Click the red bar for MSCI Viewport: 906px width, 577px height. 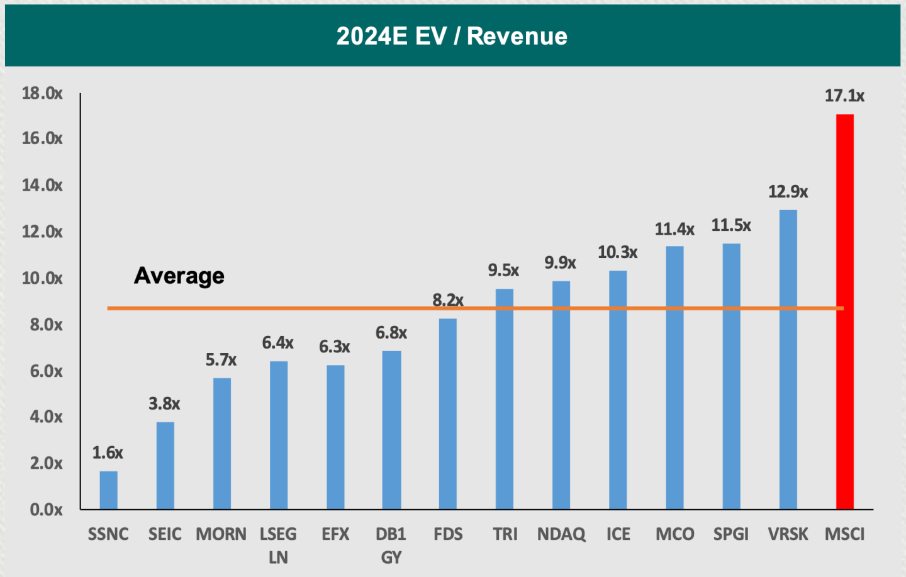(844, 311)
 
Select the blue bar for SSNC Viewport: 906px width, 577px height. (108, 490)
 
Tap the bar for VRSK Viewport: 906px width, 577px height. (788, 359)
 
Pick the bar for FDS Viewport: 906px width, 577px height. (448, 413)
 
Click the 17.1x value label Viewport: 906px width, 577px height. (844, 96)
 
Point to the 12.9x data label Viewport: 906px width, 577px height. (788, 192)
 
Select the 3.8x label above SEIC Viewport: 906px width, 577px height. (164, 404)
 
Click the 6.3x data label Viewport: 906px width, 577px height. (335, 347)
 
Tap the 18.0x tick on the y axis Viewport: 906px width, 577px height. (42, 94)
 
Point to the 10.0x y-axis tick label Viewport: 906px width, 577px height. (42, 278)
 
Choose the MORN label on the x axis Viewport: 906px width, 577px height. (221, 534)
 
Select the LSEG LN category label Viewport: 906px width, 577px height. (278, 546)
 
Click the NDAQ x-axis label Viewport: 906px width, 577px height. (561, 534)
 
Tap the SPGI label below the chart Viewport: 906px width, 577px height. (731, 534)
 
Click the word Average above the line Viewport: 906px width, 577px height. (179, 276)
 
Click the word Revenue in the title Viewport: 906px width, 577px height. (517, 36)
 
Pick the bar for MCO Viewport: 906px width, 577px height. (674, 378)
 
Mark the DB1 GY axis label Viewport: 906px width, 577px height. (391, 546)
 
